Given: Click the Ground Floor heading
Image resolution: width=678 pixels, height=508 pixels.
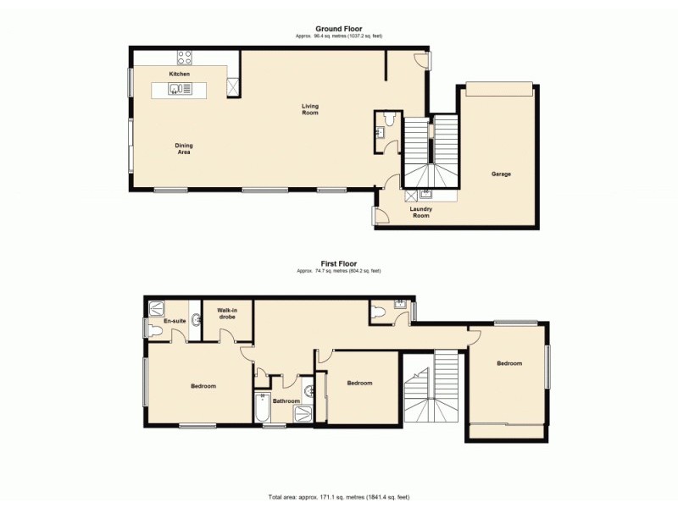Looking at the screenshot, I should pos(338,29).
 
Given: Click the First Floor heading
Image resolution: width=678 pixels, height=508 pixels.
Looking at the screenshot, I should pos(338,263).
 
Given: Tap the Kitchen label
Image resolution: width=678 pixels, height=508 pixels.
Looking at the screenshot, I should pos(179,75).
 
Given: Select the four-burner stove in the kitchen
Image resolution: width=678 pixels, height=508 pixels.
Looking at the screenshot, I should pos(184,58).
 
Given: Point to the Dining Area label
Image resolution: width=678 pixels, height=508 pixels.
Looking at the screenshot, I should pos(183,148).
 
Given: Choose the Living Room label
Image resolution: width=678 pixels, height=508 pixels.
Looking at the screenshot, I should pos(311,109).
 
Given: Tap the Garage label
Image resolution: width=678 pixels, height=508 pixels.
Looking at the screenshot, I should pos(501,174).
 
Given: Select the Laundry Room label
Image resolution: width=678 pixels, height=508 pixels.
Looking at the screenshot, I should pos(421,213).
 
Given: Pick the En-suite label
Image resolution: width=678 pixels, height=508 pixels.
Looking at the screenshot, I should pos(175,321).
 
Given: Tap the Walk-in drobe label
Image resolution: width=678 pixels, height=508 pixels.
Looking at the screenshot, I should pos(226,313).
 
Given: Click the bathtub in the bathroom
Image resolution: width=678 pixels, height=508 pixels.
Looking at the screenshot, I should pos(262,411).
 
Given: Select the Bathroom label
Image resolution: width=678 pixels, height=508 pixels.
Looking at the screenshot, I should pos(286,400).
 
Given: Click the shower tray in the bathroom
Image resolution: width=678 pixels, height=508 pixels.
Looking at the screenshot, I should pos(303,412).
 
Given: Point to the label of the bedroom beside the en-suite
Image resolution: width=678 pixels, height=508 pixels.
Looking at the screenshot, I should pos(203,386).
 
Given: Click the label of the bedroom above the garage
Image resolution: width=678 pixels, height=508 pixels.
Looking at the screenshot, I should pos(509,363).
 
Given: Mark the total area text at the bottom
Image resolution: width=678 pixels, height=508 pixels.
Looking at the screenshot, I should pos(338,497).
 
